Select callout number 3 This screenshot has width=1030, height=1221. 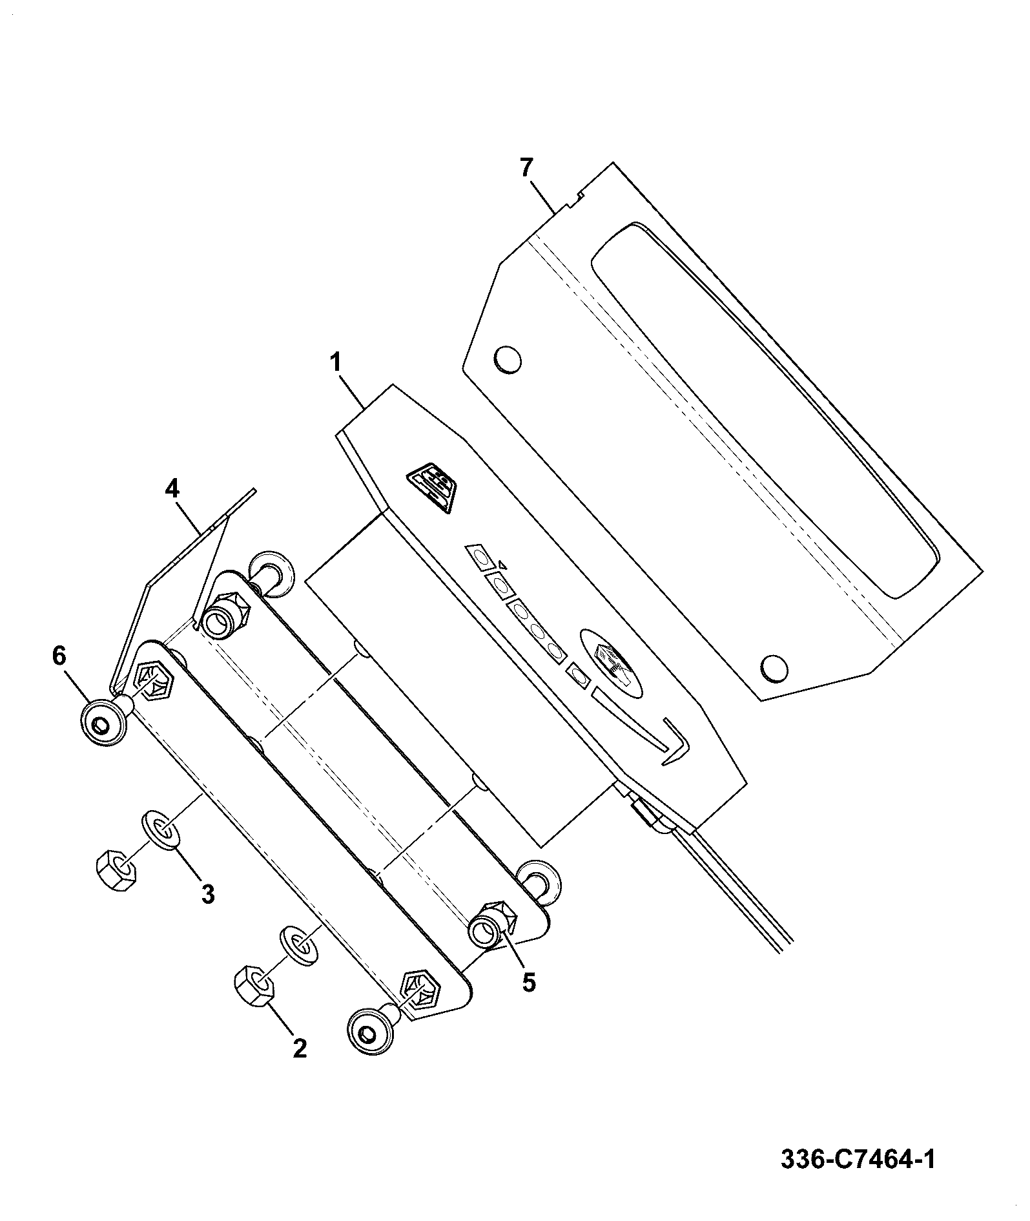pos(207,893)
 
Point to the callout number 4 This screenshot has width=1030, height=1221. pos(171,488)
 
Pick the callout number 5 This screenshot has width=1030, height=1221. pos(529,982)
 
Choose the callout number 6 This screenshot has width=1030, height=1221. pos(59,656)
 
